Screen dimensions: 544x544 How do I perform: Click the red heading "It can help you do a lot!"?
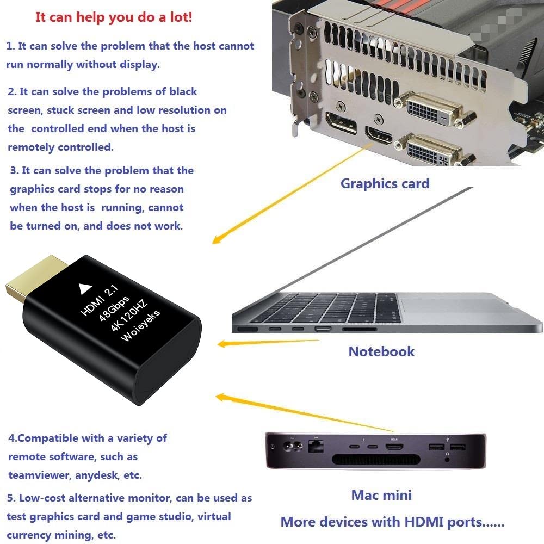click(114, 17)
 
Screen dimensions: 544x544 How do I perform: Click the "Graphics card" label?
click(385, 183)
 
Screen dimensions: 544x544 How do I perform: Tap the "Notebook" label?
click(381, 351)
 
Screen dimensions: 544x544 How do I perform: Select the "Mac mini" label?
click(381, 495)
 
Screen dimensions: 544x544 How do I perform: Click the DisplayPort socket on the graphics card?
click(341, 123)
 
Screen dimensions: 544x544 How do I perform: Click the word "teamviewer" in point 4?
click(34, 475)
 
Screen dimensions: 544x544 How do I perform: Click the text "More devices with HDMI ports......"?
click(392, 522)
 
